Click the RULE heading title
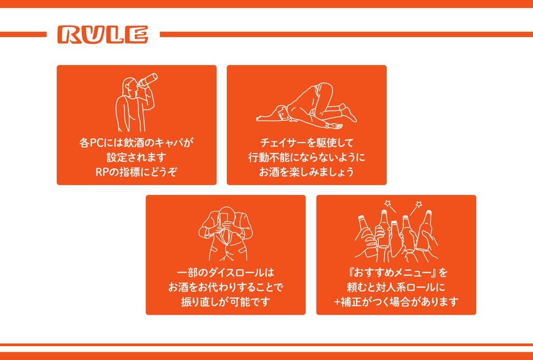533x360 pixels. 103,34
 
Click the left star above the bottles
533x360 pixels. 387,204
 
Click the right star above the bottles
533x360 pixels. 418,204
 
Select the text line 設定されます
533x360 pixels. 136,157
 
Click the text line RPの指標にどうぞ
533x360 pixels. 136,172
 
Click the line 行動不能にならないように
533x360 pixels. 307,157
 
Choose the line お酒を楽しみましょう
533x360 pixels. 307,172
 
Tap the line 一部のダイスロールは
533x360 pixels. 225,272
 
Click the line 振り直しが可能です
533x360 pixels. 225,302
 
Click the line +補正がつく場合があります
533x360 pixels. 396,302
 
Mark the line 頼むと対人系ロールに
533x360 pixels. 396,287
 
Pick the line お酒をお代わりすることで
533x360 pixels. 225,287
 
